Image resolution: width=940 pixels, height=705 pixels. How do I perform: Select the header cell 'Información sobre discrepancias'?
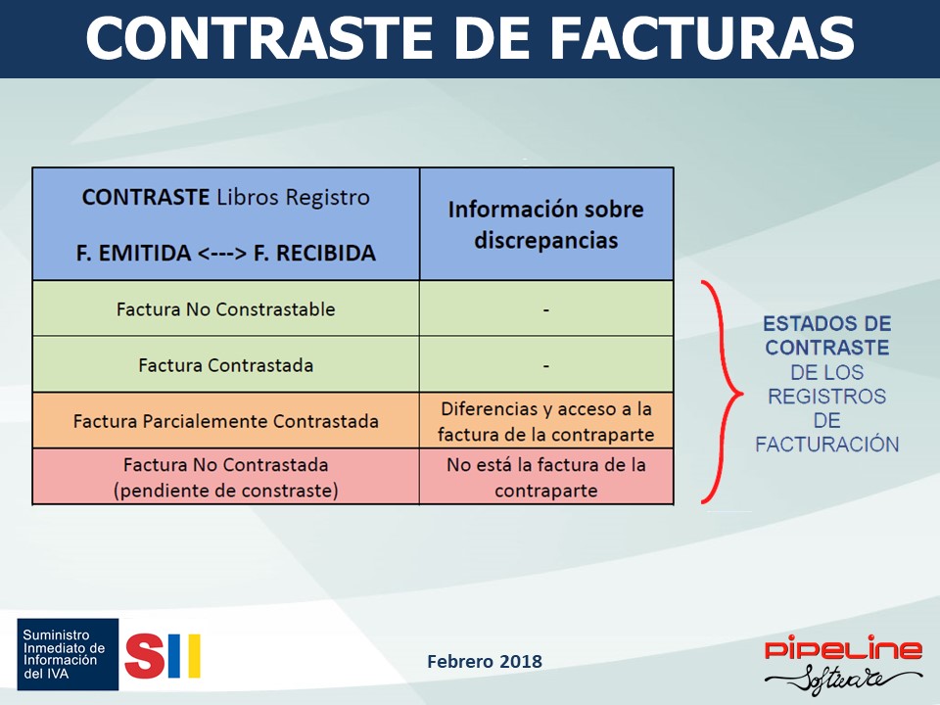pos(546,224)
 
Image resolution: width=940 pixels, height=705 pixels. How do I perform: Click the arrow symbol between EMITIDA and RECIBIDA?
pos(222,253)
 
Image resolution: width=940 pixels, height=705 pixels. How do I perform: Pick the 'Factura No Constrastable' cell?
pos(226,308)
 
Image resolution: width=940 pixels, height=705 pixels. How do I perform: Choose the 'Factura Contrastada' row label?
pos(226,365)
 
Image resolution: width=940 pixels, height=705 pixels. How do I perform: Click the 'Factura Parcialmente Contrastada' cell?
pos(226,421)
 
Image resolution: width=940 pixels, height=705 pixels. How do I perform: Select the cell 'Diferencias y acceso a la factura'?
pos(546,421)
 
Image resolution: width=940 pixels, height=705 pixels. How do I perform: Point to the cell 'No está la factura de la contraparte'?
pos(546,477)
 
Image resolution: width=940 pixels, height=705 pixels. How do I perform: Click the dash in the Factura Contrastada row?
pos(546,365)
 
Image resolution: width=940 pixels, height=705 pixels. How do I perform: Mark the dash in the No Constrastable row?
pos(546,310)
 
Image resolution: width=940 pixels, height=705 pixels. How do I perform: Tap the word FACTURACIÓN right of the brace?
pos(827,445)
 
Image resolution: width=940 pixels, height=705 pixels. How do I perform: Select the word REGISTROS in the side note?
pos(827,397)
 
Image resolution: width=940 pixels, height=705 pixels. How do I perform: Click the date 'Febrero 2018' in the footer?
pos(485,661)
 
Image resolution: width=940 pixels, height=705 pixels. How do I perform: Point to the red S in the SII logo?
pos(145,656)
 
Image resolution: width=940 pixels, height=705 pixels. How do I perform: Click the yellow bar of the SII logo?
pos(194,656)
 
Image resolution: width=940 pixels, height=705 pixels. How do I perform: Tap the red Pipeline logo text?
pos(843,649)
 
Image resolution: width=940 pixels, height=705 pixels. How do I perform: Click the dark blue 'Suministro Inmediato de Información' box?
pos(68,654)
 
